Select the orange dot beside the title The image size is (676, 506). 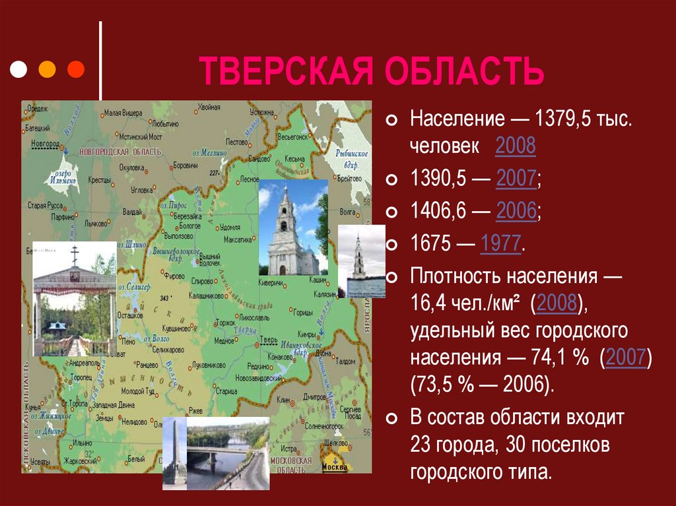[48, 69]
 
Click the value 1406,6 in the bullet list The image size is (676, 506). [436, 212]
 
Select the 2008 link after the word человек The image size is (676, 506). [515, 146]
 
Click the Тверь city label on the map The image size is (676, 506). [269, 339]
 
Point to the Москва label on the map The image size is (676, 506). [335, 468]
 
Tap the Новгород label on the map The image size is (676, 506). [44, 142]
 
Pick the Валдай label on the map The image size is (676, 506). [132, 212]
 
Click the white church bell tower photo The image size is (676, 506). [292, 228]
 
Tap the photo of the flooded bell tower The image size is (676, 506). [361, 261]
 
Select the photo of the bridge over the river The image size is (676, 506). [228, 453]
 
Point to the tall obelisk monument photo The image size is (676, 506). [174, 453]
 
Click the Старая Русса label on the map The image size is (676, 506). [46, 205]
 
